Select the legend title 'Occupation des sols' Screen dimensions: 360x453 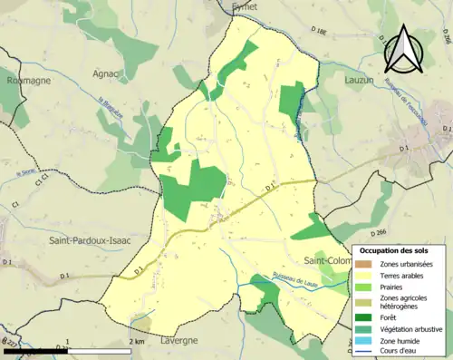[x=394, y=249]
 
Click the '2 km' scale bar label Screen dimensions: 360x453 [x=137, y=342]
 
